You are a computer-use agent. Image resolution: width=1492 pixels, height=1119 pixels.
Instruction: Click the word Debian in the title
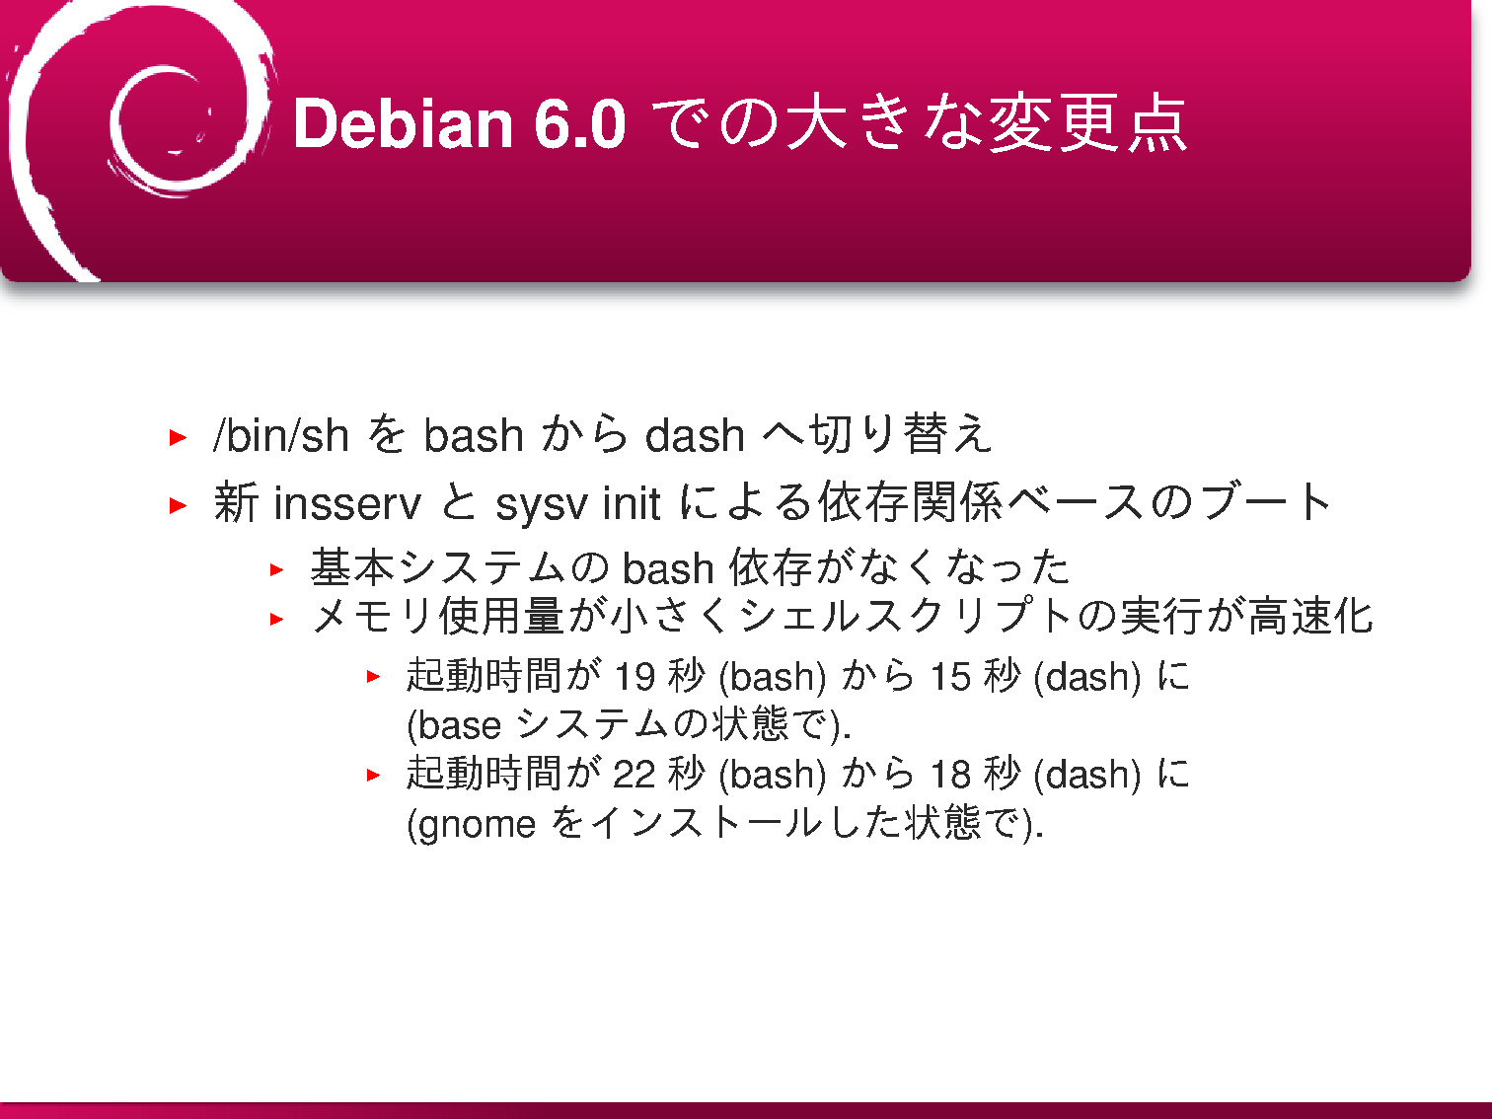pyautogui.click(x=403, y=123)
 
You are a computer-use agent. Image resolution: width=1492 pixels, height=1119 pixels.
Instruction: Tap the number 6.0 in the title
pyautogui.click(x=579, y=123)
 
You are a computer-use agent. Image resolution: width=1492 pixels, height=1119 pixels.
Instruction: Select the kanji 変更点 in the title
pyautogui.click(x=1087, y=123)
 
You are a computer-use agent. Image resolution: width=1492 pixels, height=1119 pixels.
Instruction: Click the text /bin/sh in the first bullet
pyautogui.click(x=280, y=435)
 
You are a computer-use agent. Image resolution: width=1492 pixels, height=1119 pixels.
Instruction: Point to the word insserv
pyautogui.click(x=346, y=503)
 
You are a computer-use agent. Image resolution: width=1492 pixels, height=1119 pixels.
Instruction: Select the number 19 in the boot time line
pyautogui.click(x=634, y=676)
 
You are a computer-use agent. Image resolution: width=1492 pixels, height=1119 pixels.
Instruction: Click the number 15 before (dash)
pyautogui.click(x=950, y=676)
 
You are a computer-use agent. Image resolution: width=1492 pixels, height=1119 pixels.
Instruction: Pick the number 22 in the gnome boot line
pyautogui.click(x=634, y=774)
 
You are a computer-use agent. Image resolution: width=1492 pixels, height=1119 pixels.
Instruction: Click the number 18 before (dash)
pyautogui.click(x=950, y=774)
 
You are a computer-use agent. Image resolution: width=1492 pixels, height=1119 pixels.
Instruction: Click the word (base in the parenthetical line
pyautogui.click(x=454, y=725)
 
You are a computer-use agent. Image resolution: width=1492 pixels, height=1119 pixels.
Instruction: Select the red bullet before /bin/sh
pyautogui.click(x=178, y=437)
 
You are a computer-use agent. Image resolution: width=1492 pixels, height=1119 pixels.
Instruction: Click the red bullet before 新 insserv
pyautogui.click(x=178, y=505)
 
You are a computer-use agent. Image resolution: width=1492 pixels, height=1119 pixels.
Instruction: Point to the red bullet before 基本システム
pyautogui.click(x=276, y=569)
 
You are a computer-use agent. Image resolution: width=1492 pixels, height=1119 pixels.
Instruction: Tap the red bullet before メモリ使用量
pyautogui.click(x=276, y=619)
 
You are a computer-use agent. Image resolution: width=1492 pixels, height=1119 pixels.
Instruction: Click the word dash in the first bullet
pyautogui.click(x=695, y=435)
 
